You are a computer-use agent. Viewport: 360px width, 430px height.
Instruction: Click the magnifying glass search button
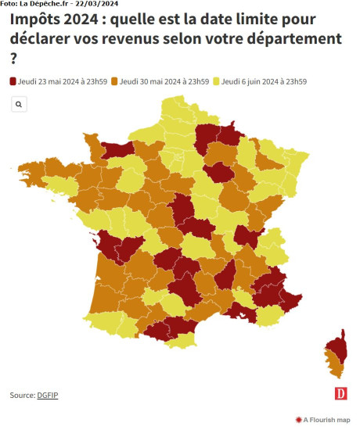[19, 104]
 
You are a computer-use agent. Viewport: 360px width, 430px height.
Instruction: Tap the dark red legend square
[13, 81]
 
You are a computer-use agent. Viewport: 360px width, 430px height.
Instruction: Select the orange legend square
[114, 81]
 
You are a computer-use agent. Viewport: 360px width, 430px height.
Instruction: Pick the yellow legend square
[216, 81]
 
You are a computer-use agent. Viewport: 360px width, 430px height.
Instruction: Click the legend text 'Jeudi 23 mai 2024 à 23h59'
[63, 81]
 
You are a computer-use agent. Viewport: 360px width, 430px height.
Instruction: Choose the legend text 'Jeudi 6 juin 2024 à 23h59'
[264, 81]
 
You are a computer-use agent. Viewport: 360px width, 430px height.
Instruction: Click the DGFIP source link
[48, 395]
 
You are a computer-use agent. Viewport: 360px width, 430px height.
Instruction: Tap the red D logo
[340, 394]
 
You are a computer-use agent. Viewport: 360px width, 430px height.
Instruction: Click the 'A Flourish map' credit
[323, 420]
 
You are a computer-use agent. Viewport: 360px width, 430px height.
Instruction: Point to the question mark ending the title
[13, 59]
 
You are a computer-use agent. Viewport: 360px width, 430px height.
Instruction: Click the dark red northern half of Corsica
[338, 348]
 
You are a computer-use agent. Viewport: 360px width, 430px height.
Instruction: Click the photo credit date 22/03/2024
[101, 4]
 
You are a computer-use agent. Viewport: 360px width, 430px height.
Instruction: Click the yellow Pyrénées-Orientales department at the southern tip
[182, 340]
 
